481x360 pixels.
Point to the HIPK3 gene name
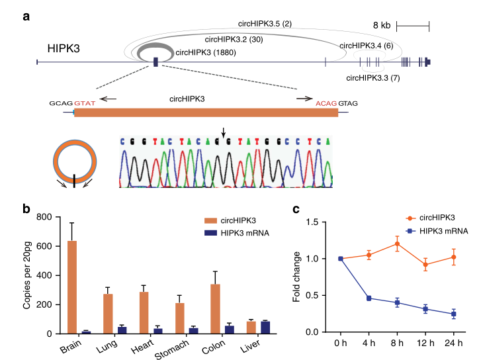(65, 49)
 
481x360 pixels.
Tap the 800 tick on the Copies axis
(43, 218)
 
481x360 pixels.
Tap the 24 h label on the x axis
(455, 344)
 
